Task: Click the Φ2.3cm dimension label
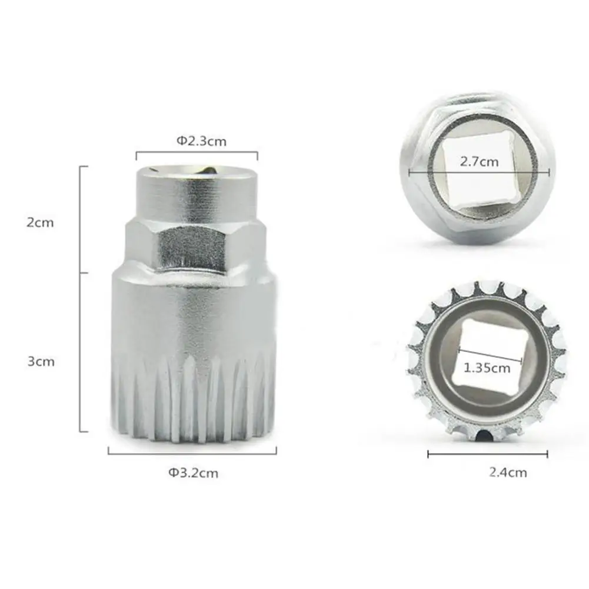(x=201, y=141)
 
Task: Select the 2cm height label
(x=40, y=222)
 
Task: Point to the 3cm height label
(x=41, y=361)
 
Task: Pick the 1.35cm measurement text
(x=487, y=368)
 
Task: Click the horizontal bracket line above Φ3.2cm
(x=192, y=453)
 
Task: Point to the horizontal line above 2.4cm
(x=487, y=454)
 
